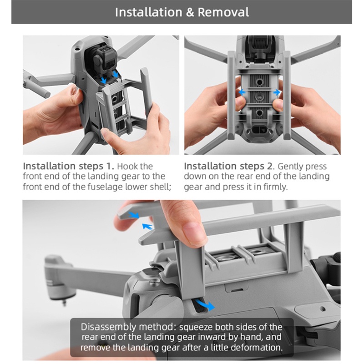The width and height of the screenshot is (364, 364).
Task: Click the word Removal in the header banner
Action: click(x=223, y=12)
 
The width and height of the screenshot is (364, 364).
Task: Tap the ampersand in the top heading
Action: click(x=190, y=12)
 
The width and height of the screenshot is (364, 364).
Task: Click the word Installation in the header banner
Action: click(x=149, y=12)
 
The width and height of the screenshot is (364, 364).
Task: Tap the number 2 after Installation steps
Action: click(x=269, y=166)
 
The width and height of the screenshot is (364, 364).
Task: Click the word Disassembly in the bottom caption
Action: click(x=108, y=327)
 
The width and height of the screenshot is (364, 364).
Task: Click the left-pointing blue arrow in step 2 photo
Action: click(x=242, y=92)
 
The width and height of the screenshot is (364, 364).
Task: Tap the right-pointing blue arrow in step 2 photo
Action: click(x=277, y=92)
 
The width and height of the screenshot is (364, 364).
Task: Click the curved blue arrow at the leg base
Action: click(x=205, y=305)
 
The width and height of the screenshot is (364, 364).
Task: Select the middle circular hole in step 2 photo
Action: click(x=259, y=97)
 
